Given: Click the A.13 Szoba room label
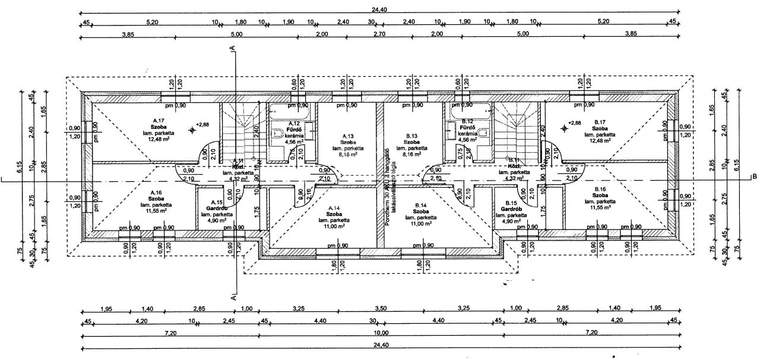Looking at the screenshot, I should point(348,143).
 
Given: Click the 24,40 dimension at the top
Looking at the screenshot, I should point(380,9).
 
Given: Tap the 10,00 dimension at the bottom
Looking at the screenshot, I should point(381,333).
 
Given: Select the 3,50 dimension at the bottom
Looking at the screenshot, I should point(381,309).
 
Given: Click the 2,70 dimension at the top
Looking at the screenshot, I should point(380,34).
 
